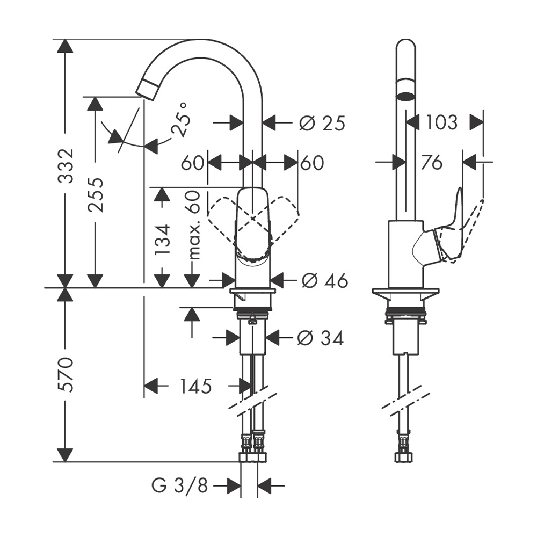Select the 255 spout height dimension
95,194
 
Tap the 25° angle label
180,120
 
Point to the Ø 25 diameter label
322,123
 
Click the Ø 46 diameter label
325,281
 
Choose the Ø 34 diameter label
320,339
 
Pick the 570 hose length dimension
65,374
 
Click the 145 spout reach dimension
195,387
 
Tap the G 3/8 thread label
180,485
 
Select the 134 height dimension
162,240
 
